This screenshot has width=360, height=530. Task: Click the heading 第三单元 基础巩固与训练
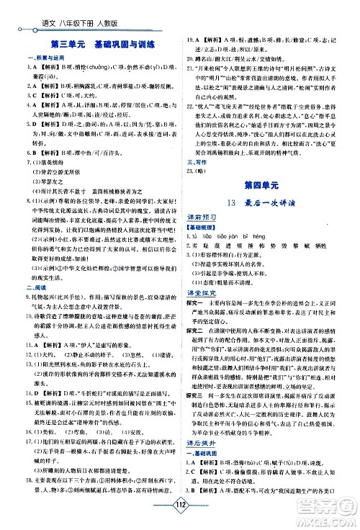point(102,42)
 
